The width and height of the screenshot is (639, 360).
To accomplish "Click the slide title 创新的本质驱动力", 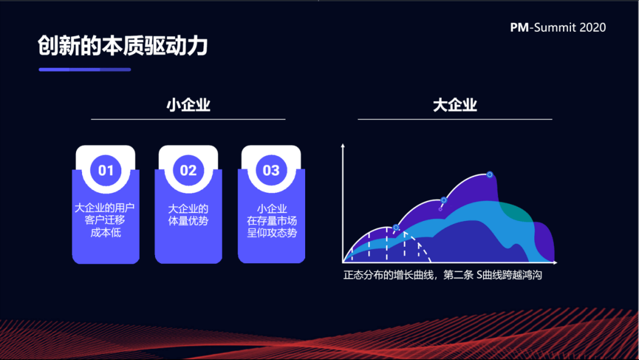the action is coord(123,45).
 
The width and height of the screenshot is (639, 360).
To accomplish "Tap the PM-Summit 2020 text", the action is coord(558,28).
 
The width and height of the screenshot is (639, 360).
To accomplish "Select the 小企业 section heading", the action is coord(188,105).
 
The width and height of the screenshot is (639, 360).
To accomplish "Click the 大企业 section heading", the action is coord(455,105).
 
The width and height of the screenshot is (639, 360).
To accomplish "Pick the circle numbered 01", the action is coord(106,170).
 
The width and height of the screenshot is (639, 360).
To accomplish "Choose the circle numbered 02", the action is coord(188,170).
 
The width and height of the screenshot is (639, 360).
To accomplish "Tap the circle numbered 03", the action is coord(271,170).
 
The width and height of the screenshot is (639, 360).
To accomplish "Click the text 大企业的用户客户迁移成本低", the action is coord(105,220).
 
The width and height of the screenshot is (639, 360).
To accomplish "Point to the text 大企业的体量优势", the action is coord(188,215).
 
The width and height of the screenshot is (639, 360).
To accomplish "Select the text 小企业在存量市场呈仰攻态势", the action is coord(272,221).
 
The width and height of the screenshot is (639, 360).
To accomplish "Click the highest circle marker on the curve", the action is coord(490,174).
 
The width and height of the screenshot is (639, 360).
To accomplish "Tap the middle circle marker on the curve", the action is coord(444,200).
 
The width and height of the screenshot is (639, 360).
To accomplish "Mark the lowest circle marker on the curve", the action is coord(396,227).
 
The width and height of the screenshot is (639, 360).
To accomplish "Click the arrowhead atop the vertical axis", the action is coord(342,145).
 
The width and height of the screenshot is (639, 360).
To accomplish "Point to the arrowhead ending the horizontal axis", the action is coord(555,263).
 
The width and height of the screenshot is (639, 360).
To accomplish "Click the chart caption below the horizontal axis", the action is coord(442,276).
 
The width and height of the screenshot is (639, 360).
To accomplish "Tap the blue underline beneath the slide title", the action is coord(85,70).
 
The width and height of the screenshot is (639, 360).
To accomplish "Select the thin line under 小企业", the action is coord(188,119).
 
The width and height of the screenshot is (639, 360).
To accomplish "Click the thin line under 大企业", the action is coord(455,119).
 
